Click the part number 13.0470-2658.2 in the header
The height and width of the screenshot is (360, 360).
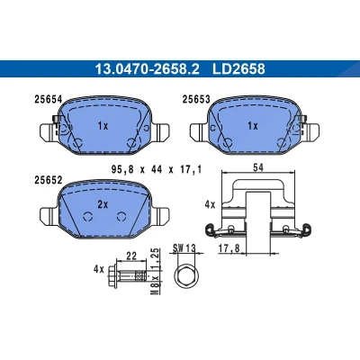pos(147,69)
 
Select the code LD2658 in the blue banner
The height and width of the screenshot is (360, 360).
pos(238,69)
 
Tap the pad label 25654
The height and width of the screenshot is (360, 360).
pos(49,99)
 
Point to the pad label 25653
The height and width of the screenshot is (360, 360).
pos(196,99)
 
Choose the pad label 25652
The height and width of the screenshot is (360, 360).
pos(49,180)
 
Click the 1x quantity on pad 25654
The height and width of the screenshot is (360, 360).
pos(103,126)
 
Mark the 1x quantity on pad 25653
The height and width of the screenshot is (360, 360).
pos(253,126)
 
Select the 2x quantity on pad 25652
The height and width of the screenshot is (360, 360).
pos(103,204)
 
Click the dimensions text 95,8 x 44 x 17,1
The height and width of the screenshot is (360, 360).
pos(156,170)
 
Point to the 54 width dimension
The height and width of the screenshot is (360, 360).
pos(258,167)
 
